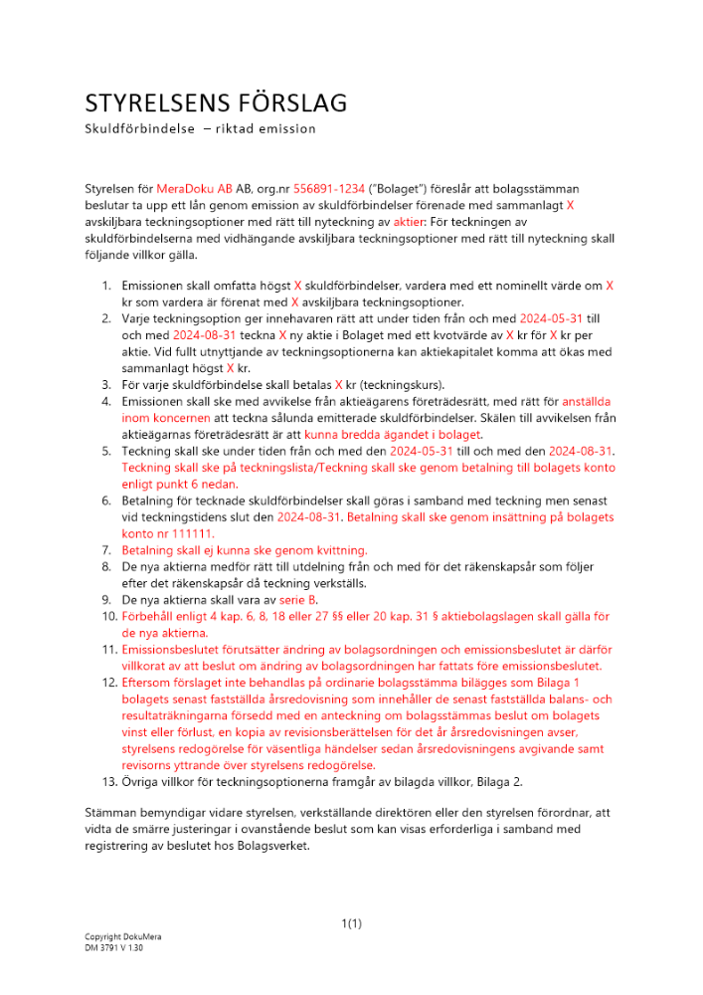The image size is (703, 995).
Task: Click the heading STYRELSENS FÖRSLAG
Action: [x=215, y=103]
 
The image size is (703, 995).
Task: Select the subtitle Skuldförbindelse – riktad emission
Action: [x=200, y=129]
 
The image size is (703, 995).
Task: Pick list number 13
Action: [x=105, y=782]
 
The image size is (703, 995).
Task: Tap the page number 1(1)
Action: [x=351, y=924]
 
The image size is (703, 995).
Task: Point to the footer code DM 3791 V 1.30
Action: [x=114, y=949]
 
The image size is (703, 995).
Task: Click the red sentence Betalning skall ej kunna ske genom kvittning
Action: [x=244, y=550]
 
